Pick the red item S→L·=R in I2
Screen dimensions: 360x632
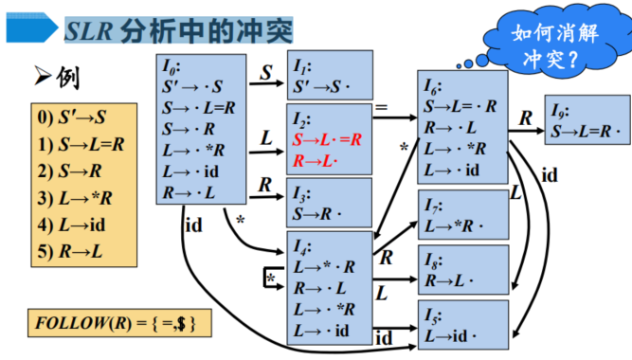(x=327, y=140)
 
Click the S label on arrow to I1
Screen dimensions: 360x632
(x=265, y=71)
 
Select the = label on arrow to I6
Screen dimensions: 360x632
(x=381, y=108)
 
